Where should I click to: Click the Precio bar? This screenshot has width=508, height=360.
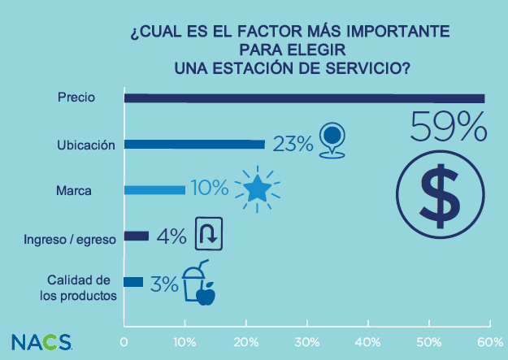pyautogui.click(x=304, y=98)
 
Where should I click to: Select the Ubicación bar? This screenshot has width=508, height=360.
pyautogui.click(x=194, y=145)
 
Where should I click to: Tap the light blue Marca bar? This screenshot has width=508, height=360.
pyautogui.click(x=154, y=190)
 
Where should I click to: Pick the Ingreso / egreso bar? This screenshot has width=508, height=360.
pyautogui.click(x=137, y=236)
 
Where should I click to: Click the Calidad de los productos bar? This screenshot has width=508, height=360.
pyautogui.click(x=133, y=282)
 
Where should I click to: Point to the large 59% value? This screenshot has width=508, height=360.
pyautogui.click(x=449, y=128)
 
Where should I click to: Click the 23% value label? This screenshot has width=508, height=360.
pyautogui.click(x=293, y=145)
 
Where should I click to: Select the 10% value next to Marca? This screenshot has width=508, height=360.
pyautogui.click(x=210, y=189)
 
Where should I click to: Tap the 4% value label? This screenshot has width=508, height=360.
pyautogui.click(x=172, y=236)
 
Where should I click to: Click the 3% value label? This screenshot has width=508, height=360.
pyautogui.click(x=163, y=284)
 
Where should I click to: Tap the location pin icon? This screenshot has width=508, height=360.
pyautogui.click(x=331, y=141)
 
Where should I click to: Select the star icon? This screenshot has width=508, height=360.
pyautogui.click(x=258, y=189)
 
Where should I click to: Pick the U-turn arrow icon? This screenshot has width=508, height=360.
pyautogui.click(x=206, y=235)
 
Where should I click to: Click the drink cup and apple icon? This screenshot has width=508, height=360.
pyautogui.click(x=198, y=285)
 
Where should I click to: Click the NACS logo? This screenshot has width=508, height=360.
pyautogui.click(x=41, y=340)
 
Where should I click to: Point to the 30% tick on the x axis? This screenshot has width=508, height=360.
pyautogui.click(x=307, y=341)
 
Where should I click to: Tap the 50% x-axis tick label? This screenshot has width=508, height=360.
pyautogui.click(x=428, y=341)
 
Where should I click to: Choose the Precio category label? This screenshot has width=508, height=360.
pyautogui.click(x=77, y=98)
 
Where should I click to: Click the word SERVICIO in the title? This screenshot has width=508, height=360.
pyautogui.click(x=363, y=67)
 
